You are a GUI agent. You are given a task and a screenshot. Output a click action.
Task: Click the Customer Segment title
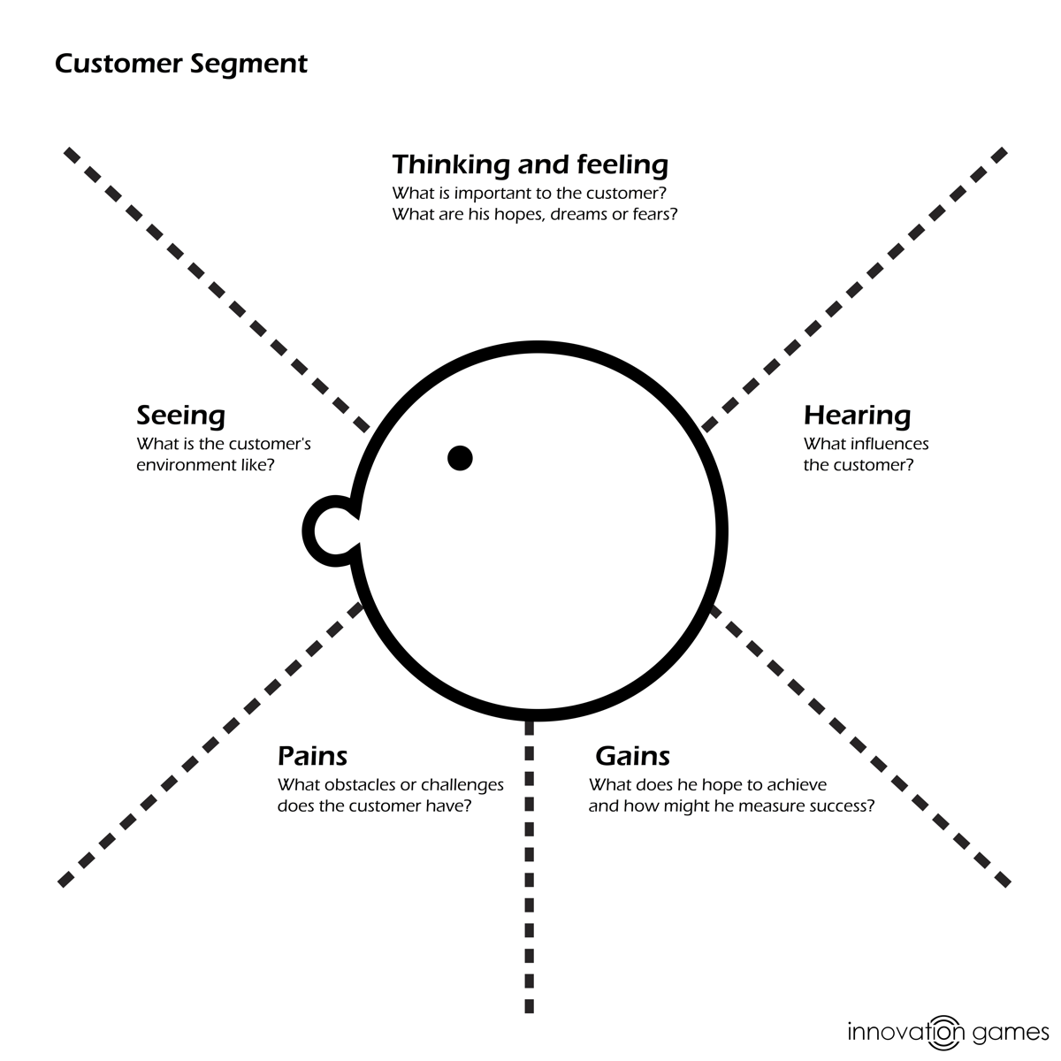[x=181, y=65]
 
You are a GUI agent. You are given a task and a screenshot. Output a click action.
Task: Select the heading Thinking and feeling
[x=530, y=164]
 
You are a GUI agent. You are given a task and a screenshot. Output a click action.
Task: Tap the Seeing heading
[x=180, y=415]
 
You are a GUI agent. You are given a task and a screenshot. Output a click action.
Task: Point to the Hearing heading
[x=857, y=415]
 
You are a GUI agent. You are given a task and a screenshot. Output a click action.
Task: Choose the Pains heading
[x=312, y=756]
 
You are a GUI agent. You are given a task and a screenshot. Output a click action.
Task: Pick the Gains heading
[x=632, y=756]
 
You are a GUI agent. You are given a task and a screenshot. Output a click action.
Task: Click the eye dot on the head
[x=460, y=458]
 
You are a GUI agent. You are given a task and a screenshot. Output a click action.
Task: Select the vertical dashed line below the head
[x=530, y=866]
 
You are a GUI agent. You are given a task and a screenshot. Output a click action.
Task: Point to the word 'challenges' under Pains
[x=462, y=785]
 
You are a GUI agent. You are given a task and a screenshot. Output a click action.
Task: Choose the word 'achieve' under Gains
[x=796, y=785]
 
